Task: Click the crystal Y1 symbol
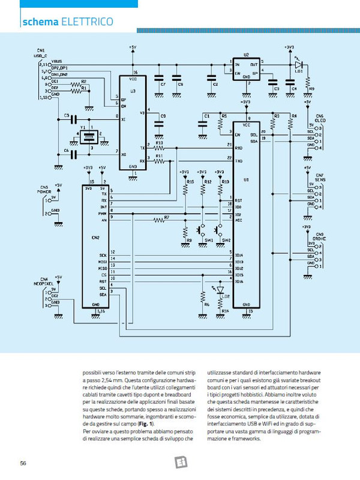tap(89, 137)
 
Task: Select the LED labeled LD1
tap(298, 65)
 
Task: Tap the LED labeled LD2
tap(220, 290)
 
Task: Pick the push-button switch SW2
tap(220, 230)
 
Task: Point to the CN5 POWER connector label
tap(44, 190)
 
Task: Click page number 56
tap(22, 463)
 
